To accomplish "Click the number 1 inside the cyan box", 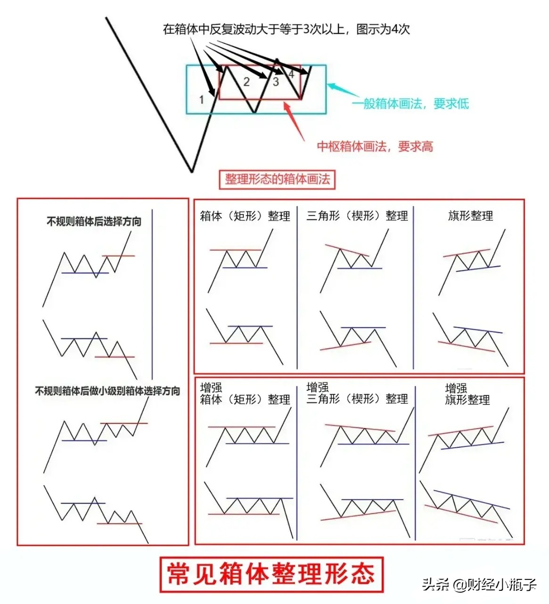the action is coord(202,100).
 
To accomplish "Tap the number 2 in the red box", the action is coord(246,82).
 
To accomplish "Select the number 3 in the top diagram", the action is coord(276,82).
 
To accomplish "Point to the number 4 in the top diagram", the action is coord(291,74).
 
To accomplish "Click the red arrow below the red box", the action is coord(294,120).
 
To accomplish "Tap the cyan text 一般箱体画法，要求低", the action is coord(410,104).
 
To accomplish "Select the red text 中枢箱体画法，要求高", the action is coord(375,146).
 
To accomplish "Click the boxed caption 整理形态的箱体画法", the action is coord(277,179).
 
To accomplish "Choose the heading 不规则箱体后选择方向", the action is coord(94,221).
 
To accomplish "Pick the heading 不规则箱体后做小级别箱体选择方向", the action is coord(107,391).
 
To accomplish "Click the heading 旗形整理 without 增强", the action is coord(470,216).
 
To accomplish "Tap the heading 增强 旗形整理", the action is coord(467,394).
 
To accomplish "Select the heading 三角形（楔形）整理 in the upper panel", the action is coord(357,216).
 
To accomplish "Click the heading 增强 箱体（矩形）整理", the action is coord(245,394).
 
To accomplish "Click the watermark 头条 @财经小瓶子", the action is coord(479,585).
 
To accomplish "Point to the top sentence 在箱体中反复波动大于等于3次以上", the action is coord(286,29).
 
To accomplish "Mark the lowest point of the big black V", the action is coord(192,171).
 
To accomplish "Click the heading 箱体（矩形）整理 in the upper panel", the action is coord(245,216).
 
